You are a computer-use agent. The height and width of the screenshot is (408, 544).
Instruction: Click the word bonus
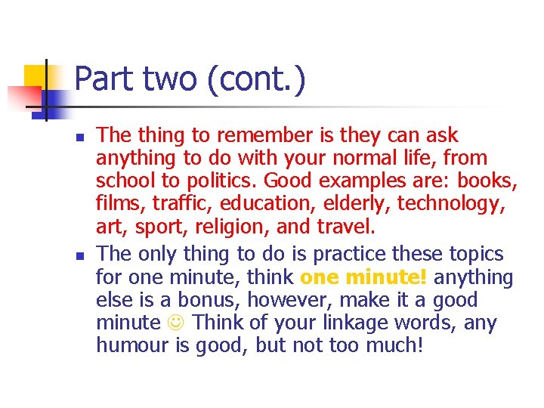point(200,300)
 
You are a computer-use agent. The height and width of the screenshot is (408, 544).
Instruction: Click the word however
point(283,300)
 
